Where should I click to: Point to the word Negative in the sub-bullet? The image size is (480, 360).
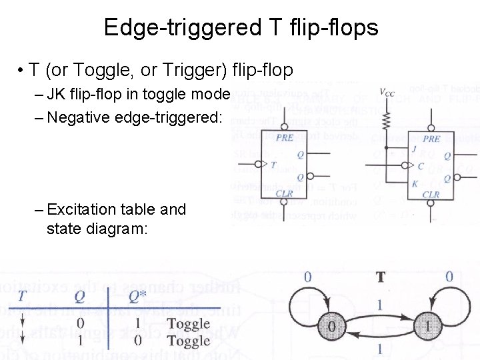(x=81, y=118)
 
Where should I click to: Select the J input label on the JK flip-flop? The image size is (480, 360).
(x=414, y=149)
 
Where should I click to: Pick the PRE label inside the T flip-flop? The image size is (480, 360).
(x=285, y=138)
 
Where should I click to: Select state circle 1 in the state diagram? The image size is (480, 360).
(x=427, y=326)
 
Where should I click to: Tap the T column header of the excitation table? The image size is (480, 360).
(x=22, y=295)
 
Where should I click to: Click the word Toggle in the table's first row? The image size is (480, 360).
(x=188, y=325)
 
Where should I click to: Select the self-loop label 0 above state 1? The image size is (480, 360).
(x=449, y=276)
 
